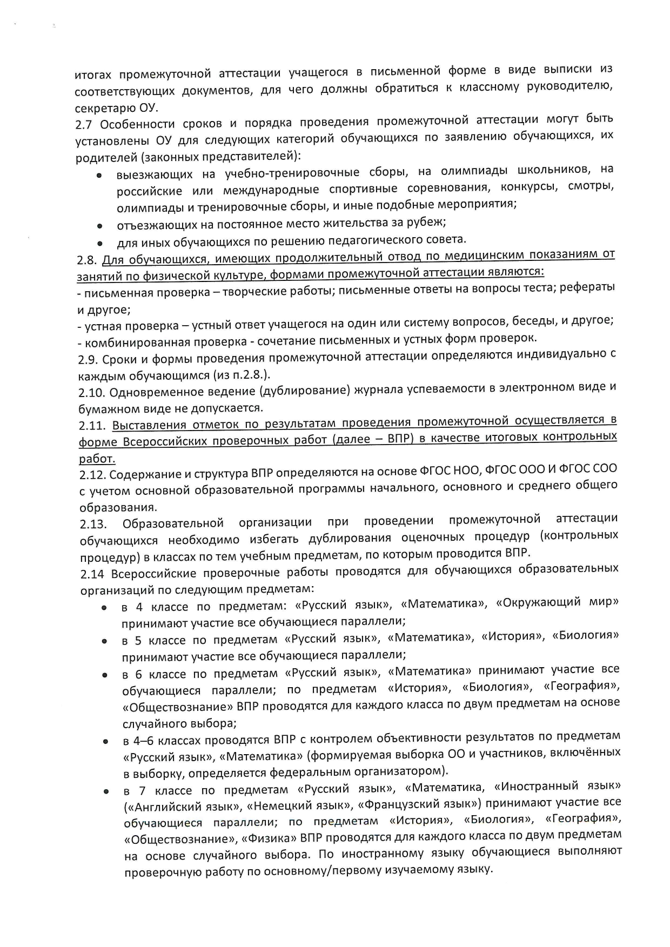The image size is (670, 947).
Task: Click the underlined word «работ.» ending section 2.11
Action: coord(97,459)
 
